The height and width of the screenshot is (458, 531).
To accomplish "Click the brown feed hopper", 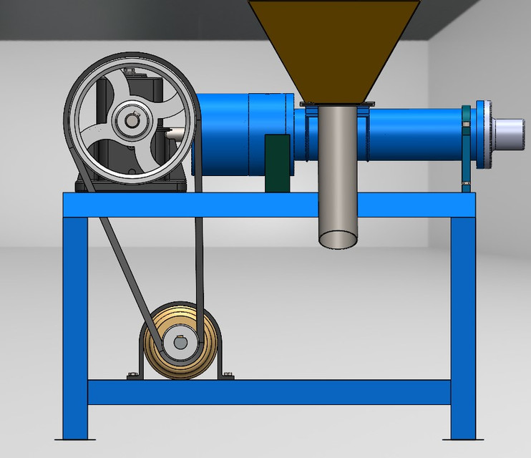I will [x=333, y=43].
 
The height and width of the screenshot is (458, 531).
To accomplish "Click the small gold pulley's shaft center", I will [x=178, y=342].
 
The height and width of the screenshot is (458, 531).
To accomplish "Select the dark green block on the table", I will [x=277, y=163].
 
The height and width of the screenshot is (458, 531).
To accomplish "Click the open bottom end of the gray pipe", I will [x=337, y=239].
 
